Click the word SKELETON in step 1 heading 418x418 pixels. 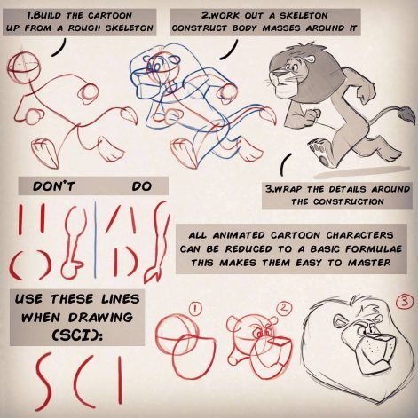pyautogui.click(x=130, y=28)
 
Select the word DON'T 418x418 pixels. pyautogui.click(x=54, y=186)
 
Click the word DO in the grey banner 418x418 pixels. pyautogui.click(x=142, y=186)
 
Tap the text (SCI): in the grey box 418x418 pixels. pyautogui.click(x=77, y=335)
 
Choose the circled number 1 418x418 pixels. pyautogui.click(x=195, y=309)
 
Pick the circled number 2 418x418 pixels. pyautogui.click(x=284, y=308)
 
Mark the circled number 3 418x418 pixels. pyautogui.click(x=405, y=302)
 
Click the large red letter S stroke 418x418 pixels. pyautogui.click(x=44, y=382)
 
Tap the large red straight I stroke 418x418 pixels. pyautogui.click(x=120, y=380)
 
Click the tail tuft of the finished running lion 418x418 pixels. pyautogui.click(x=406, y=114)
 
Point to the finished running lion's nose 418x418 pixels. pyautogui.click(x=275, y=73)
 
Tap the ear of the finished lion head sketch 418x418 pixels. pyautogui.click(x=339, y=321)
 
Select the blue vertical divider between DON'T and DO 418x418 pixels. pyautogui.click(x=95, y=239)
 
